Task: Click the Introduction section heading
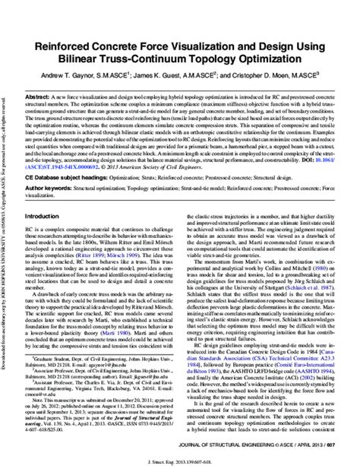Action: [x=47, y=237]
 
